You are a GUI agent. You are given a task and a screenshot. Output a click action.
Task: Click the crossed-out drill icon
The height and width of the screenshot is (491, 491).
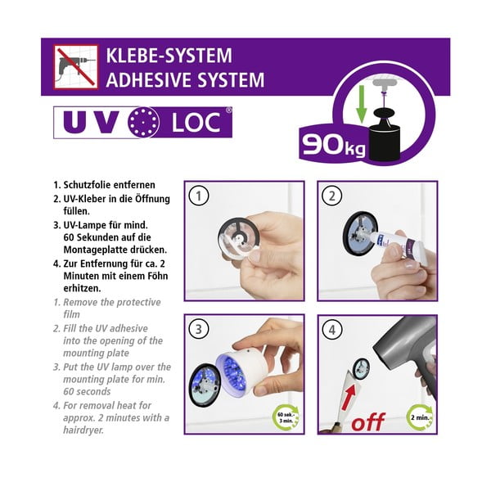click(76, 67)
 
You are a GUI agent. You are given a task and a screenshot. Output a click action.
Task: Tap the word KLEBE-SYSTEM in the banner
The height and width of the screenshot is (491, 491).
click(169, 56)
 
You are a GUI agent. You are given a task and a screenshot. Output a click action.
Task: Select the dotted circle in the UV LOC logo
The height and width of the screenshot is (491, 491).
click(143, 122)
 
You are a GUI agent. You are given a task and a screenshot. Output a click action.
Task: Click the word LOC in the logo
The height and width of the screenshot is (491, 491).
click(196, 123)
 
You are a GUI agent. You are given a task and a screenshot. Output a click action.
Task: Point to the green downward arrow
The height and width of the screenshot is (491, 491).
click(362, 104)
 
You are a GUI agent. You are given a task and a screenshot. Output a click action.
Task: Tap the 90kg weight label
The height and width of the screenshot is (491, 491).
click(334, 145)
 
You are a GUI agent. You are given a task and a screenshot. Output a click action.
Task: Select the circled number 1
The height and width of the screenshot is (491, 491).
click(199, 196)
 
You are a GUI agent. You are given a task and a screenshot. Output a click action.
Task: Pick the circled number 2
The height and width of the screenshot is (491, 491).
click(332, 196)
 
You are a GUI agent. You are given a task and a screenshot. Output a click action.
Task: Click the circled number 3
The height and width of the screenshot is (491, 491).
click(199, 329)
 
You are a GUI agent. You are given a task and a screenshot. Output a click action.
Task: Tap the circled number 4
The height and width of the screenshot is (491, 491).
click(332, 330)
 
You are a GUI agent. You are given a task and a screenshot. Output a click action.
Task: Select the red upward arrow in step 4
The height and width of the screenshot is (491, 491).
click(349, 398)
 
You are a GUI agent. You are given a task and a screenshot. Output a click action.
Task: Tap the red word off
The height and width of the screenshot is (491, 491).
click(368, 421)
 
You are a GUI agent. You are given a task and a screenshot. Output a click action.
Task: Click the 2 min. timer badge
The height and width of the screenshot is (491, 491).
click(421, 417)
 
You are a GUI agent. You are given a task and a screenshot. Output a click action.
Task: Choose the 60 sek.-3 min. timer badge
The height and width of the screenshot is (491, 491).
click(286, 417)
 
